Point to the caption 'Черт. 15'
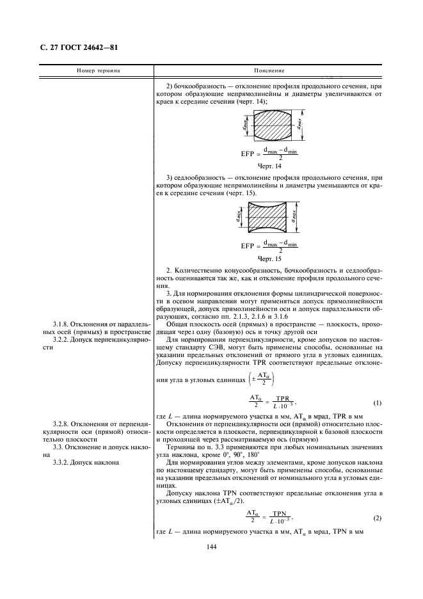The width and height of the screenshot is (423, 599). pos(269,259)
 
